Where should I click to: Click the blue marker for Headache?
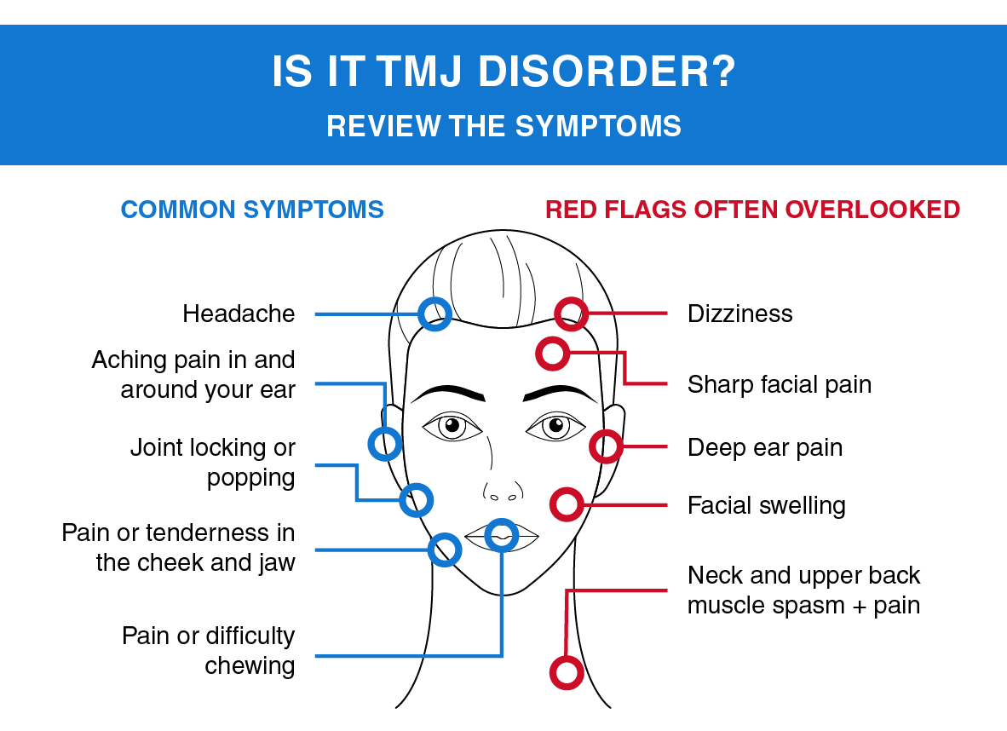coord(434,314)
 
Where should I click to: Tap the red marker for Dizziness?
coord(571,314)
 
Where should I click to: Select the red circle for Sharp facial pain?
coord(552,353)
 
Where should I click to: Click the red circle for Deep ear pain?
coord(606,446)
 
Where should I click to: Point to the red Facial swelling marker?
coord(567,504)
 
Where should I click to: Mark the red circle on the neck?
coord(566,672)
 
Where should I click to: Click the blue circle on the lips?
coord(502,535)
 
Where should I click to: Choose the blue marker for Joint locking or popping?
coord(417,499)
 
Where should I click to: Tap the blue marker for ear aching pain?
coord(384,443)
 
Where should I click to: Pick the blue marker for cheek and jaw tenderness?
coord(444,550)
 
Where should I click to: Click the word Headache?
coord(239,314)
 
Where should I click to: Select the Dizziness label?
coord(739,314)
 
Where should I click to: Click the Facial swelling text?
coord(766,505)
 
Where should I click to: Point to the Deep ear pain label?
coord(764,447)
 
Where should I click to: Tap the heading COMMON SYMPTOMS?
coord(252,210)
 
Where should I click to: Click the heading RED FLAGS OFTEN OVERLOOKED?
coord(752,210)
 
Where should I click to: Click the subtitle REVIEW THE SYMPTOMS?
coord(503,126)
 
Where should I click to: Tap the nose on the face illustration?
coord(501,486)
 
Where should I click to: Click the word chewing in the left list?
coord(250,665)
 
